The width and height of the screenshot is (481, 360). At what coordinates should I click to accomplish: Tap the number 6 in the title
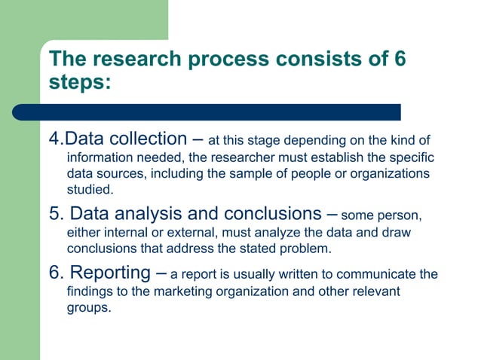400,59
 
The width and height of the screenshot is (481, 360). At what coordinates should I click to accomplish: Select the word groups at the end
89,307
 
